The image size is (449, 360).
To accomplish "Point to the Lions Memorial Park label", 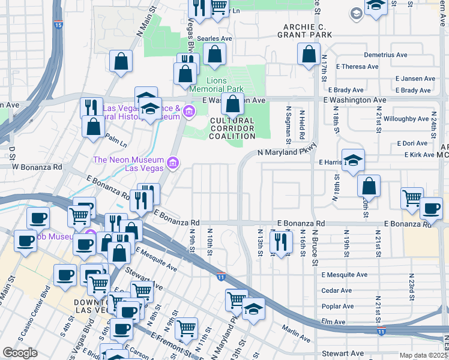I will tap(217, 85).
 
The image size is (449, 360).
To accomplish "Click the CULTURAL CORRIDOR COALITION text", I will tap(232, 128).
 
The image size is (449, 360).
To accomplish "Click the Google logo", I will tap(20, 353).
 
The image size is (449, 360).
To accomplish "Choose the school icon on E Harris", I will tap(354, 161).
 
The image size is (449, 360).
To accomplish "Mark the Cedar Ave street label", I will tap(336, 290).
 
